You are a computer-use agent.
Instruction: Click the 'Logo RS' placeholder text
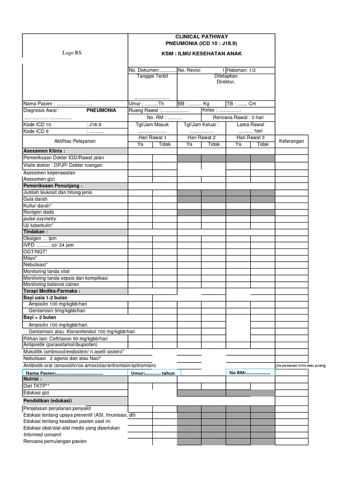click(x=72, y=53)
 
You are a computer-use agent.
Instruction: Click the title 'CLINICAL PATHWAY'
click(x=202, y=36)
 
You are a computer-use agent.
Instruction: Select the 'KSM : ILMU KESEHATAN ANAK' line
click(x=202, y=54)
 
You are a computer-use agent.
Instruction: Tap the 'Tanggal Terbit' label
click(x=152, y=76)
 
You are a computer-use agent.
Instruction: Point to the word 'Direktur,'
click(x=225, y=82)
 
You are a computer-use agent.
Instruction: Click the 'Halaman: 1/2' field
click(x=241, y=70)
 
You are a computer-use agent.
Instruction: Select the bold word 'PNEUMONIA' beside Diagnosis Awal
click(x=101, y=111)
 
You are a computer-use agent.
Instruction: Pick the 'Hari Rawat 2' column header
click(x=201, y=138)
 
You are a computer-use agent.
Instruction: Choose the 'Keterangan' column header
click(x=292, y=141)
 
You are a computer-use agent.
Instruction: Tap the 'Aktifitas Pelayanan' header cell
click(x=75, y=141)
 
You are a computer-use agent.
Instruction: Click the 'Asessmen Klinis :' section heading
click(x=44, y=151)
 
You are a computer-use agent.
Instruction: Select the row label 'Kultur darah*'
click(x=37, y=206)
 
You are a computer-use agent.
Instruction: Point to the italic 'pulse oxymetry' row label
click(x=40, y=219)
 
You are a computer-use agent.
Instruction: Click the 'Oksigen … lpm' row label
click(x=40, y=239)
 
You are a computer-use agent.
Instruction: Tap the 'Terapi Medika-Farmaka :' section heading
click(x=52, y=291)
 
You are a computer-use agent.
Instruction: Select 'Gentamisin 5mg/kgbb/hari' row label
click(x=57, y=311)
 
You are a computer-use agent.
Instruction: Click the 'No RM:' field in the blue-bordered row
click(x=249, y=373)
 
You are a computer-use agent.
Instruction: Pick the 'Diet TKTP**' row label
click(x=37, y=386)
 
